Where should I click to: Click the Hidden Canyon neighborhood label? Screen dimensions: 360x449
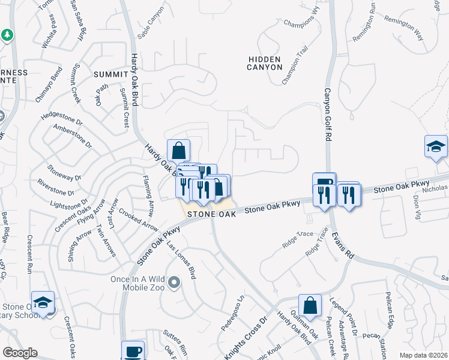pos(264,63)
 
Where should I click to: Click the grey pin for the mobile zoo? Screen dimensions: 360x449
pos(174,281)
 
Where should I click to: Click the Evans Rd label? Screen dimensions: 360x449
pos(342,246)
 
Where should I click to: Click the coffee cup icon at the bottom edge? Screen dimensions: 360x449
pos(133,351)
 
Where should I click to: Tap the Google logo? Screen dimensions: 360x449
pos(19,353)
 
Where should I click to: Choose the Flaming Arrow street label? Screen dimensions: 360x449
pos(148,195)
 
